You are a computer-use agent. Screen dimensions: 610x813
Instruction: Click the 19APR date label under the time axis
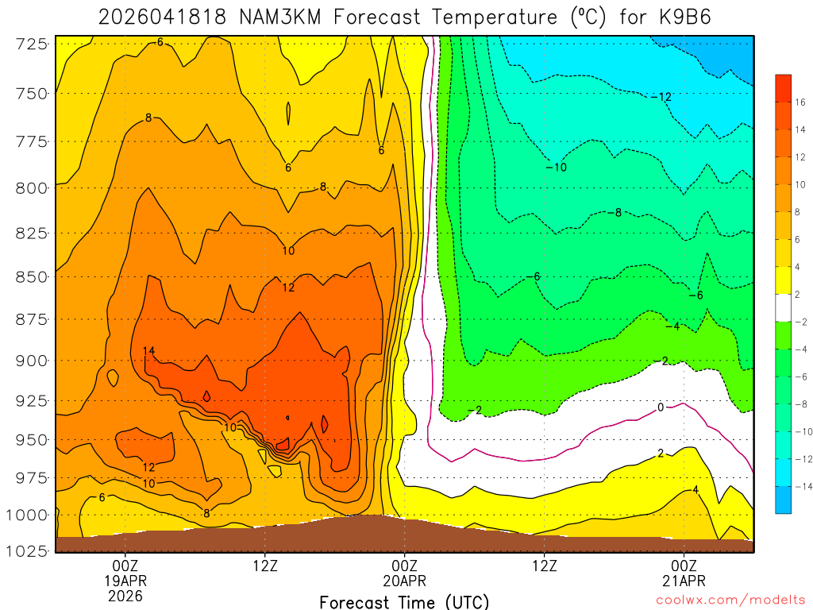click(125, 581)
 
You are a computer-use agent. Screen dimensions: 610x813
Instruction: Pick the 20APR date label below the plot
click(405, 581)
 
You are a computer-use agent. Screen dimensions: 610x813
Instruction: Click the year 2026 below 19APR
click(125, 596)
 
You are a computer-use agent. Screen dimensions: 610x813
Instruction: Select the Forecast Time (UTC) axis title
click(404, 601)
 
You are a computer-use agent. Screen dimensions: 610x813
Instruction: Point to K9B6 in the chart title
click(672, 17)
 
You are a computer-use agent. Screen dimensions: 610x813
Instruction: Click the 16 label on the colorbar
click(800, 102)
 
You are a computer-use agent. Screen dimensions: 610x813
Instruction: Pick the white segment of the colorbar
click(783, 307)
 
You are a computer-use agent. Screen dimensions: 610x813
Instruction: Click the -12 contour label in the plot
click(661, 97)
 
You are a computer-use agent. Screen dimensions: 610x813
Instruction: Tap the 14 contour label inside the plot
click(148, 350)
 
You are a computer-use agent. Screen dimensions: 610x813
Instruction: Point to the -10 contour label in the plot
click(557, 167)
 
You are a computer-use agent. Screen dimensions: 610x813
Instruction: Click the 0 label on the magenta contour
click(661, 407)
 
